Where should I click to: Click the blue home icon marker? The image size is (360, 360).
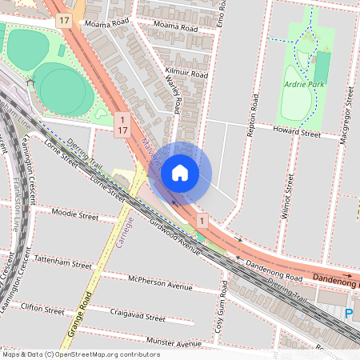coord(180,173)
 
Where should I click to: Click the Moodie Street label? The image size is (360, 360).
coord(74,215)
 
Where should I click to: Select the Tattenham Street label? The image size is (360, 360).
coord(63,262)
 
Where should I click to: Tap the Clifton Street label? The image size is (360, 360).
coord(42,310)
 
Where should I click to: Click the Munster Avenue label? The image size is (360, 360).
coord(175,344)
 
